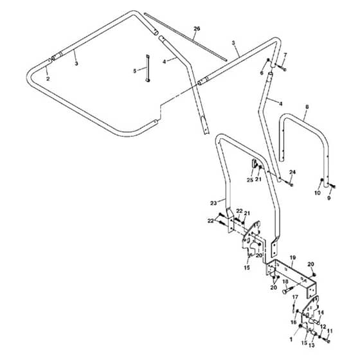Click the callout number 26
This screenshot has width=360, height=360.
[x=197, y=29]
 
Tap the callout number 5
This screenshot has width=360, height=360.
[x=135, y=71]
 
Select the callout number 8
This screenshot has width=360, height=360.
[x=307, y=107]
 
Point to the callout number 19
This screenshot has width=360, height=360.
[x=292, y=257]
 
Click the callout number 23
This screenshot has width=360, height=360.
[x=213, y=203]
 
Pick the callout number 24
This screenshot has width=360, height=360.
[x=292, y=172]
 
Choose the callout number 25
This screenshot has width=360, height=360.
[x=250, y=180]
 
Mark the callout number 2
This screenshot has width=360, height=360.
[x=48, y=78]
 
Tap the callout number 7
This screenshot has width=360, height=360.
[x=285, y=55]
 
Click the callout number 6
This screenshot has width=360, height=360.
[x=262, y=73]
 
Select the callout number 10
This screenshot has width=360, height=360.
[x=318, y=193]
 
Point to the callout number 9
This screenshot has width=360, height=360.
[x=328, y=198]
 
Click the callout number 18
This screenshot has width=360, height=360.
[x=285, y=282]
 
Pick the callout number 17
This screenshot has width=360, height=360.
[x=295, y=297]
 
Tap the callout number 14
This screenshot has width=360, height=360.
[x=321, y=312]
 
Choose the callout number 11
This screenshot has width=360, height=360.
[x=330, y=331]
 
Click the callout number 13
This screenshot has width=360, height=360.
[x=312, y=345]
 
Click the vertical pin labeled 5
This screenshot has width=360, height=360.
[x=147, y=68]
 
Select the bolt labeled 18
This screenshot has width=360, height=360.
[x=288, y=289]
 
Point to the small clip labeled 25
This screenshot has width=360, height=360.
[x=255, y=164]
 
